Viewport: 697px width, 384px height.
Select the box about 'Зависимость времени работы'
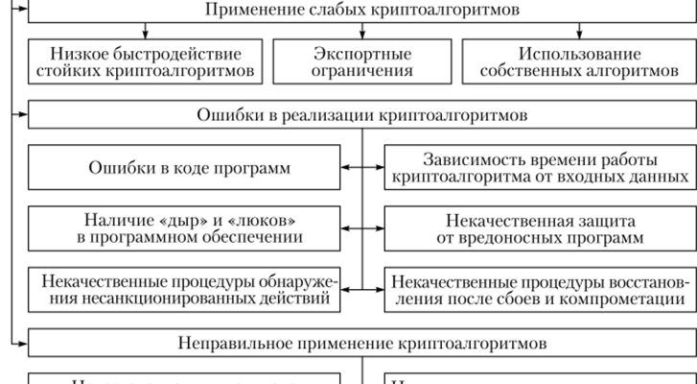click(x=540, y=169)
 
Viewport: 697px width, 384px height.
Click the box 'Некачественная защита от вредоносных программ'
click(x=540, y=228)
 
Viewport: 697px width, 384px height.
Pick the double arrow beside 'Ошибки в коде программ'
click(x=362, y=169)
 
